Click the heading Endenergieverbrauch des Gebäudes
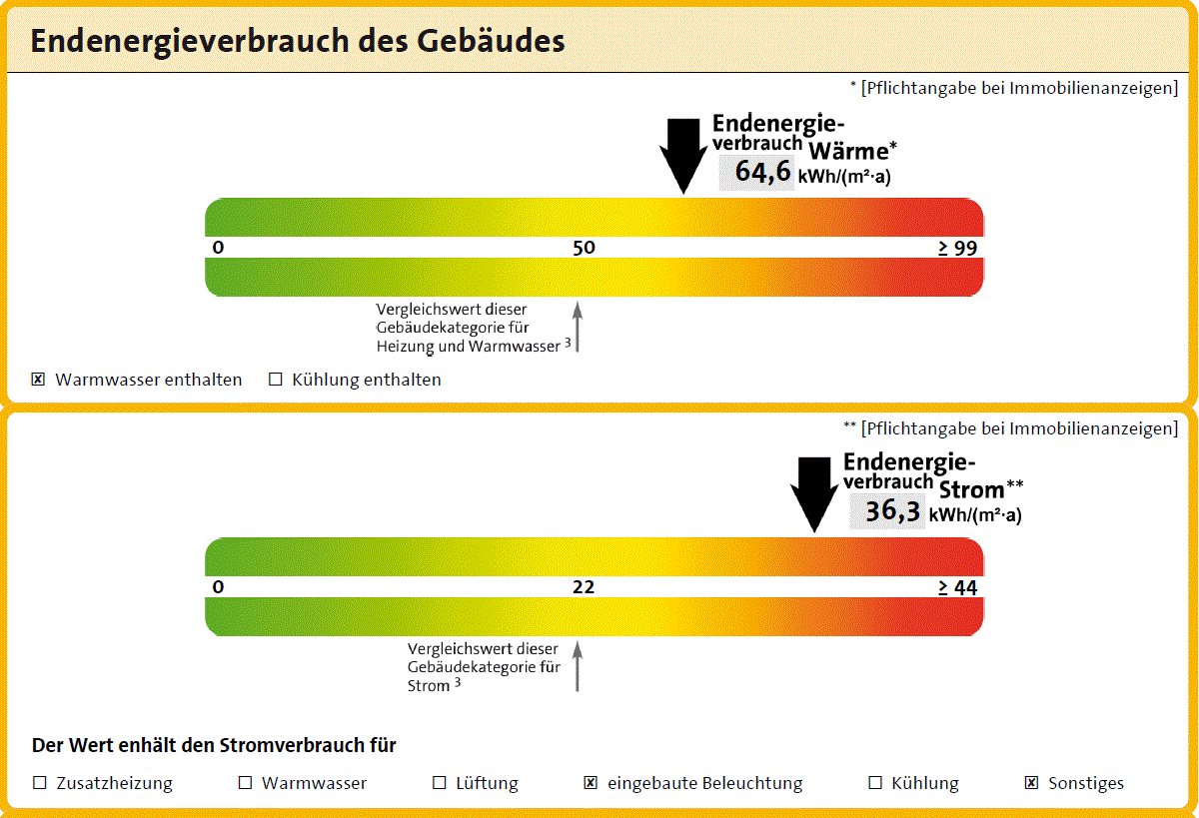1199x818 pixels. [x=298, y=42]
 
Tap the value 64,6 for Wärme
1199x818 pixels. [x=762, y=172]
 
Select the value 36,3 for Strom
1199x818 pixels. [x=892, y=511]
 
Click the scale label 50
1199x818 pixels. [x=584, y=248]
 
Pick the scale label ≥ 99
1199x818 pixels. [x=957, y=249]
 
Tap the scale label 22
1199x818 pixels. [x=584, y=587]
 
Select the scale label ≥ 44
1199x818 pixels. [x=957, y=588]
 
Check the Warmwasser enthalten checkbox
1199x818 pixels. [x=39, y=380]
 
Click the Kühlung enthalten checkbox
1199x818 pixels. [x=276, y=380]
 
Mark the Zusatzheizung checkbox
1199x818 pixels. [x=40, y=783]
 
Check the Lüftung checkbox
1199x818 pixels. [x=439, y=783]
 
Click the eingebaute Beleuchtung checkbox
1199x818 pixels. [x=591, y=783]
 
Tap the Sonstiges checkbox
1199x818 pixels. [x=1031, y=783]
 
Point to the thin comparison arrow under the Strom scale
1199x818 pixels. [x=578, y=666]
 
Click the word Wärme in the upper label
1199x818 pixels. [x=847, y=152]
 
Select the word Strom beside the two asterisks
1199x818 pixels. [x=971, y=490]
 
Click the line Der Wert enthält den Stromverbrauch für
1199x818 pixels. [x=214, y=745]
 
